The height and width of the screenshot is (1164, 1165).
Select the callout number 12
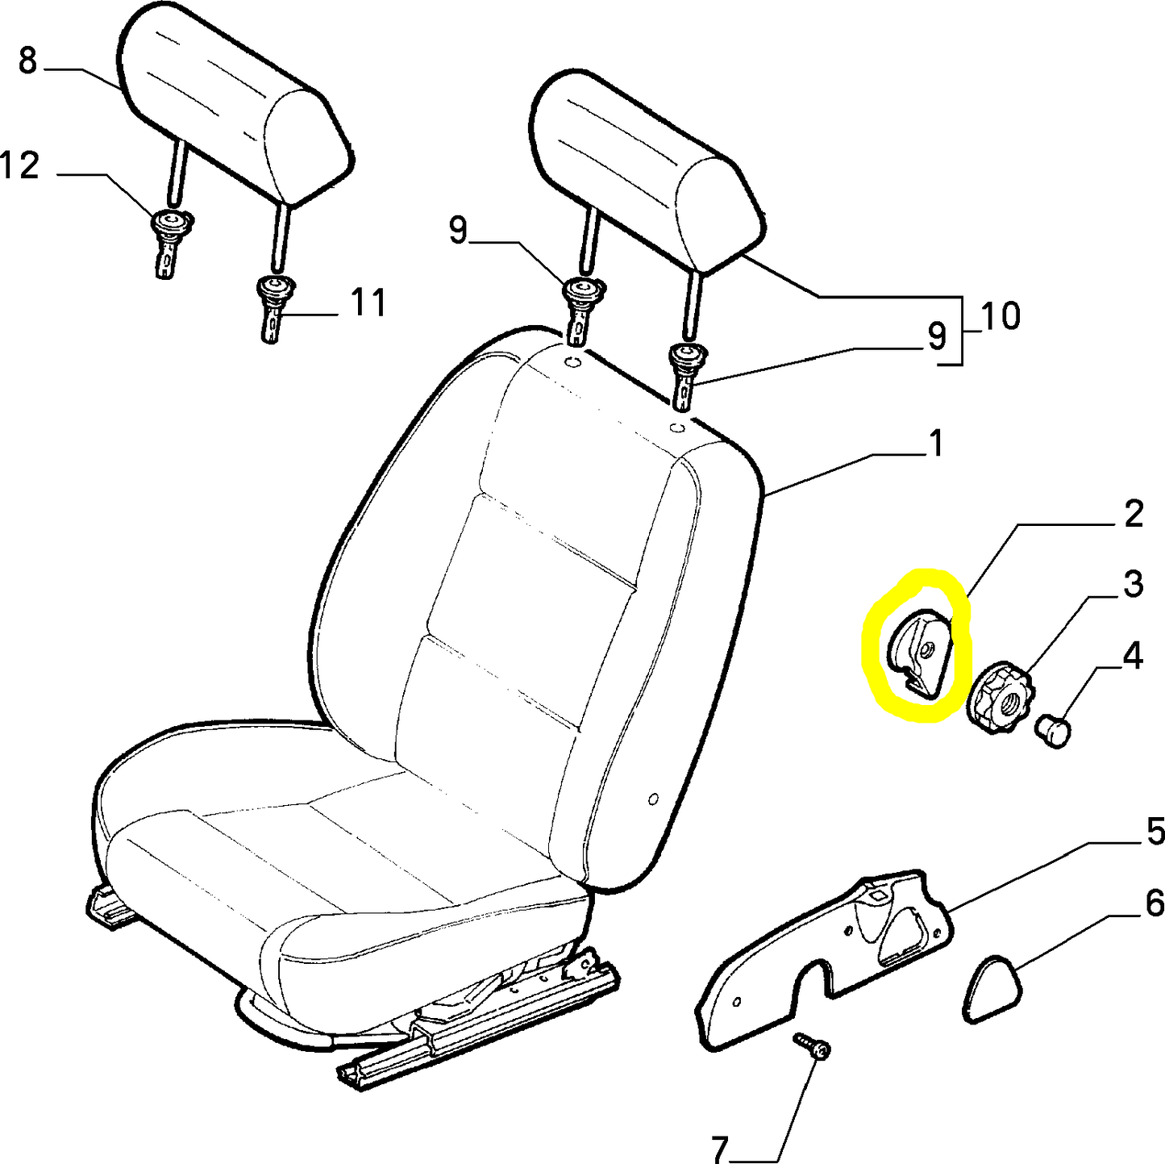click(20, 165)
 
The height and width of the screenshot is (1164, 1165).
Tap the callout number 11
click(368, 303)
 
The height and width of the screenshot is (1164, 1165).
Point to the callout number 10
click(1001, 316)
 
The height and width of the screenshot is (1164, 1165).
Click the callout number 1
click(936, 444)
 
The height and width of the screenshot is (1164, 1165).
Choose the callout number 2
click(1134, 514)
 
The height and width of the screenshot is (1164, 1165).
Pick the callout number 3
click(1134, 583)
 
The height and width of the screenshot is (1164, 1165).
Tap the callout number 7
click(720, 1146)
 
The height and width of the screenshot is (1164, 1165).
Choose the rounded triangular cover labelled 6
click(991, 990)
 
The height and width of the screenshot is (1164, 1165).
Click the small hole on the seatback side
click(653, 799)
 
